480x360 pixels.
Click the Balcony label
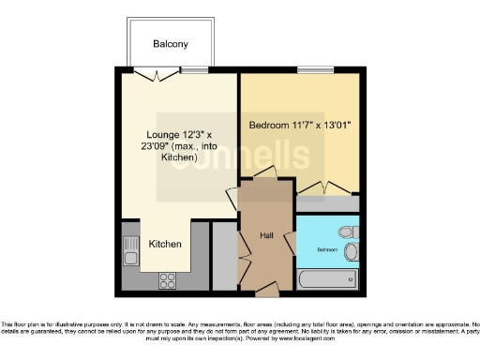(171, 44)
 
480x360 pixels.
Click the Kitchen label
(166, 244)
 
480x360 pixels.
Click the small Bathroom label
(327, 250)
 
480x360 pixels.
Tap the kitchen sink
(128, 249)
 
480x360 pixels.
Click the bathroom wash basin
(351, 252)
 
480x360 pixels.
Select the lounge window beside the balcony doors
(194, 71)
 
